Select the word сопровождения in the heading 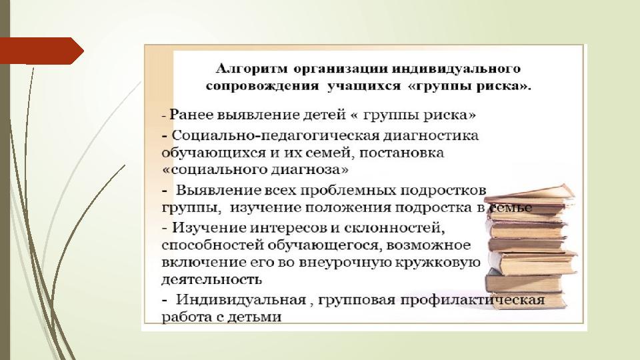pyautogui.click(x=262, y=87)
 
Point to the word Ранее pyautogui.click(x=191, y=115)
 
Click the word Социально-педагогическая pyautogui.click(x=275, y=135)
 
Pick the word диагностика pyautogui.click(x=431, y=135)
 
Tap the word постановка pyautogui.click(x=401, y=153)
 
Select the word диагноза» pyautogui.click(x=310, y=169)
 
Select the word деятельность pyautogui.click(x=211, y=279)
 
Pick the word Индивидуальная pyautogui.click(x=241, y=300)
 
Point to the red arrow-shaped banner pyautogui.click(x=41, y=51)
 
